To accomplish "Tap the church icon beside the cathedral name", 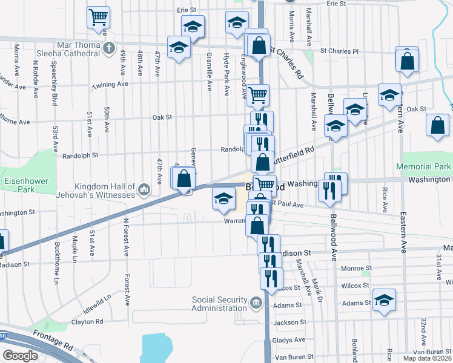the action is pyautogui.click(x=109, y=48).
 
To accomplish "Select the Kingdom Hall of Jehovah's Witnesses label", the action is pyautogui.click(x=105, y=191).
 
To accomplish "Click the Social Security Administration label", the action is pyautogui.click(x=220, y=304).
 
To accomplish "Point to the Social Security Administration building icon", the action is pyautogui.click(x=256, y=301).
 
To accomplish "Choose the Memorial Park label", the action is pyautogui.click(x=423, y=166).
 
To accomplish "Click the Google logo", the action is pyautogui.click(x=20, y=356).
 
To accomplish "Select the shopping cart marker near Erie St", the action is pyautogui.click(x=98, y=18).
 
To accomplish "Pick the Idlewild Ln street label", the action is pyautogui.click(x=98, y=300).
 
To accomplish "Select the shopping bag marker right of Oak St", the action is pyautogui.click(x=437, y=125).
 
